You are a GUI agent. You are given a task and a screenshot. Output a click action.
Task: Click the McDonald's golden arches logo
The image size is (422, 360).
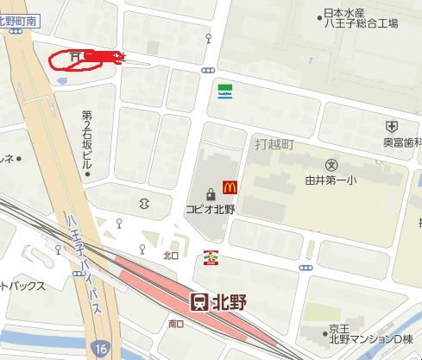(x=230, y=186)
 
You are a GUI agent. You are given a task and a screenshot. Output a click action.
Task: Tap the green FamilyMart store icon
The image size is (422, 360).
(x=224, y=91)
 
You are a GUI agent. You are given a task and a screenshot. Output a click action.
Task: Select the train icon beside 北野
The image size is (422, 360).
(x=198, y=302)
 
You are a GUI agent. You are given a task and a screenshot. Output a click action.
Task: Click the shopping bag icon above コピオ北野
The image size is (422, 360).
(x=210, y=193)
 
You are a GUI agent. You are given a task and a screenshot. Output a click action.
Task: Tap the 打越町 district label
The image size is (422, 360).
(x=274, y=144)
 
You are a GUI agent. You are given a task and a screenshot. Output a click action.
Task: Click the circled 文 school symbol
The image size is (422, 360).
(x=332, y=164)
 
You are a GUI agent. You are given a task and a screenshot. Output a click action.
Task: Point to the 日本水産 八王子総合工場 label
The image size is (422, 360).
(x=358, y=19)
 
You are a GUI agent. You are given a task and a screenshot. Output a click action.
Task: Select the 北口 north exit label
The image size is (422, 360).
(x=170, y=256)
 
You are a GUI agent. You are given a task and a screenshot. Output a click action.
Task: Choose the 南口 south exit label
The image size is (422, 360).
(x=176, y=324)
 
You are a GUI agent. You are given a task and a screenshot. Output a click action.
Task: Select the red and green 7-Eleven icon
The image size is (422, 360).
(x=210, y=256)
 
